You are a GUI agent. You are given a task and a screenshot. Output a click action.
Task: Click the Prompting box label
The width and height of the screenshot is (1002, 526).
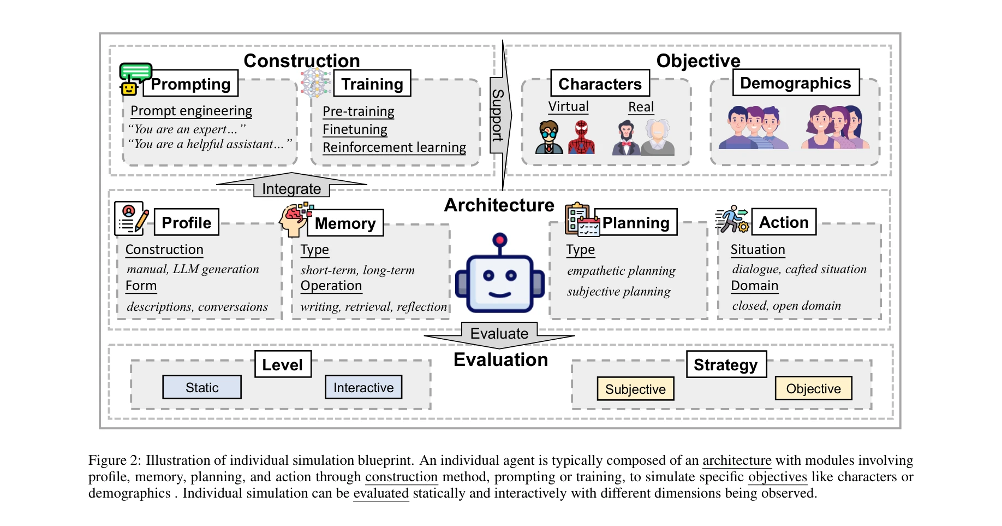[x=190, y=84]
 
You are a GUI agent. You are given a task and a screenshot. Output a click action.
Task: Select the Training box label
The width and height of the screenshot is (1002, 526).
[x=372, y=84]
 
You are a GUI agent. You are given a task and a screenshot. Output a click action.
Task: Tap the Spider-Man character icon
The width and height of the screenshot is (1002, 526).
[x=581, y=137]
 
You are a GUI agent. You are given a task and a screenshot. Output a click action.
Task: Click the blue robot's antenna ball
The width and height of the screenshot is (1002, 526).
[x=499, y=239]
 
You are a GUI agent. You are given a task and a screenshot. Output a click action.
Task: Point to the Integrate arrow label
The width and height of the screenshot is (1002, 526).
[x=291, y=189]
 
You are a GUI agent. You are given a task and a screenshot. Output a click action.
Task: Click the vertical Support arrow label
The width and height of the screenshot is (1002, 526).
[x=497, y=115]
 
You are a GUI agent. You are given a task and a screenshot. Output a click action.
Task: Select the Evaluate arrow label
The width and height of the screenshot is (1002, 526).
[x=499, y=333]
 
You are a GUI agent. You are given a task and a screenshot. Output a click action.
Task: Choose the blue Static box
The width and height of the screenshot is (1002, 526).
[x=202, y=387]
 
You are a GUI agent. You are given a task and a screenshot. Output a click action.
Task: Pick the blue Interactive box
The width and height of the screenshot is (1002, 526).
[x=363, y=387]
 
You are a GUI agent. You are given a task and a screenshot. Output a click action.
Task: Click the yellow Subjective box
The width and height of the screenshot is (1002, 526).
[x=635, y=389]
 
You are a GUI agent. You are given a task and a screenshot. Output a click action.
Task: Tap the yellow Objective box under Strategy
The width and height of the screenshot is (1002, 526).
[x=813, y=388]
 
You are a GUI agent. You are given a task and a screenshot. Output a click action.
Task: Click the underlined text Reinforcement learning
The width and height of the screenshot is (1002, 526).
[x=394, y=147]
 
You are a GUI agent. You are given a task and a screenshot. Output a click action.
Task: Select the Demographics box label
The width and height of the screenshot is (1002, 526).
[x=796, y=83]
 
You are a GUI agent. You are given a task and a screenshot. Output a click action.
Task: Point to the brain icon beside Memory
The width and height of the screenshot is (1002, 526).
[x=295, y=218]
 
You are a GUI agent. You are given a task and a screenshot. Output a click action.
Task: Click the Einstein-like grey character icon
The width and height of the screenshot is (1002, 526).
[x=658, y=138]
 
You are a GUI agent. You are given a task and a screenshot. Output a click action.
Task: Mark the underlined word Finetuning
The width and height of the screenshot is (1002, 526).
[x=355, y=129]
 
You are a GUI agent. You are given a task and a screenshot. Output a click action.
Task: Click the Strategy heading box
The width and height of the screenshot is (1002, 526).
[x=726, y=364]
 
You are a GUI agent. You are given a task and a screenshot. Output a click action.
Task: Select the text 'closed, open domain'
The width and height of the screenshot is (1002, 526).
[x=786, y=306]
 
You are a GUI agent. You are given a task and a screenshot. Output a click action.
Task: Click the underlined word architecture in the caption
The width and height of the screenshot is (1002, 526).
[x=737, y=460]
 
